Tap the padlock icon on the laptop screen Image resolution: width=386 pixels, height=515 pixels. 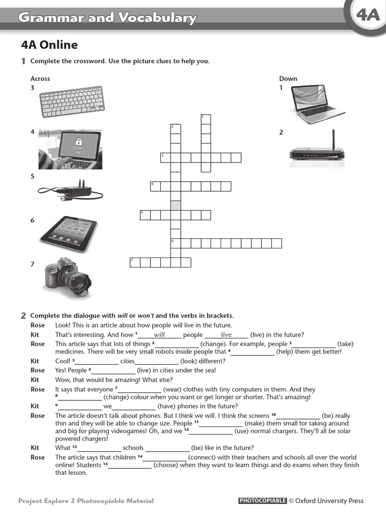[76, 141]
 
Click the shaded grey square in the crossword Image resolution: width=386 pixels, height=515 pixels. [176, 205]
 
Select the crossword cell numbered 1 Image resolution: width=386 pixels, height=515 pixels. [206, 119]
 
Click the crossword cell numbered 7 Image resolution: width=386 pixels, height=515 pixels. [135, 262]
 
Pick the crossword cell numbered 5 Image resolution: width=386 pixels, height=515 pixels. [145, 215]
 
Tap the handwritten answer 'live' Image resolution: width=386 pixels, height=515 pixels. [227, 334]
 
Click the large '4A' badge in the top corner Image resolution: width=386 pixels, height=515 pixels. [368, 17]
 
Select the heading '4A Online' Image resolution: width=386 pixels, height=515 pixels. [49, 45]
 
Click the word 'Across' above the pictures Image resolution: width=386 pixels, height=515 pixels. [40, 78]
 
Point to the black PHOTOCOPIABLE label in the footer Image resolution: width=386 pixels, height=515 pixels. [262, 500]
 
